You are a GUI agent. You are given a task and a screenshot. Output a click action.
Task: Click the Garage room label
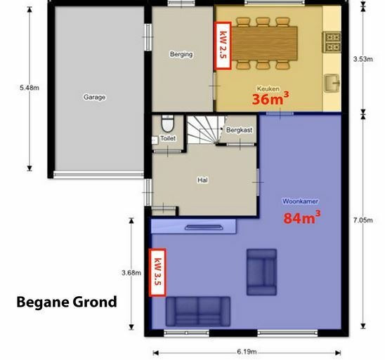coord(95,97)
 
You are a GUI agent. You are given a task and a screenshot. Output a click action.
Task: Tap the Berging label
coord(181,54)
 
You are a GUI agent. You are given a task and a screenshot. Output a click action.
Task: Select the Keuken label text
coord(268,88)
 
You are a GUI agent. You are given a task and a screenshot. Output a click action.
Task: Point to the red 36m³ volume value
coord(270,98)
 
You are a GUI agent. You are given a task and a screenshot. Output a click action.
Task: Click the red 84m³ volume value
coord(302,218)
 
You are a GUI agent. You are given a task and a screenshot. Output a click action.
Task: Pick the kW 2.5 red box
coord(223,46)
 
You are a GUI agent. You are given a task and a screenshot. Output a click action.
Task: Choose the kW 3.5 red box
coord(157,272)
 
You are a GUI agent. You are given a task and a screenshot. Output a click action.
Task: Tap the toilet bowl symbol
coord(168,124)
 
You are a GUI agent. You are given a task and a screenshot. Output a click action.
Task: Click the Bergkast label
coord(239,130)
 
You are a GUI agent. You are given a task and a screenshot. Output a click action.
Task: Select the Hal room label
coord(202,180)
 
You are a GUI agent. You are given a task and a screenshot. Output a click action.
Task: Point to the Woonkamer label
coord(300,201)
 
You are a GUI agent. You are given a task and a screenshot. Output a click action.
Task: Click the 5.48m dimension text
coord(30,88)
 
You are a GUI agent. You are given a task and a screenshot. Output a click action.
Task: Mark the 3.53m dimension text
coord(363,59)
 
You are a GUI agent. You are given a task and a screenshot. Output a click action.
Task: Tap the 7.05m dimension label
coord(363,220)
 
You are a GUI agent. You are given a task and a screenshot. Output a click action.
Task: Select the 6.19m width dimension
coord(247,352)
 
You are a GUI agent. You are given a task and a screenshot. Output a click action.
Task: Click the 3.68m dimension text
coord(131,273)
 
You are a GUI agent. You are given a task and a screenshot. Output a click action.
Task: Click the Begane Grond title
coord(67,302)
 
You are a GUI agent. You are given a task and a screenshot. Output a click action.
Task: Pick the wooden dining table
coord(265,44)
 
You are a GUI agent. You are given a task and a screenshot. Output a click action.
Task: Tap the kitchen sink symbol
coord(332,83)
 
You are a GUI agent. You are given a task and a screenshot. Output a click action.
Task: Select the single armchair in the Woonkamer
coord(262,272)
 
